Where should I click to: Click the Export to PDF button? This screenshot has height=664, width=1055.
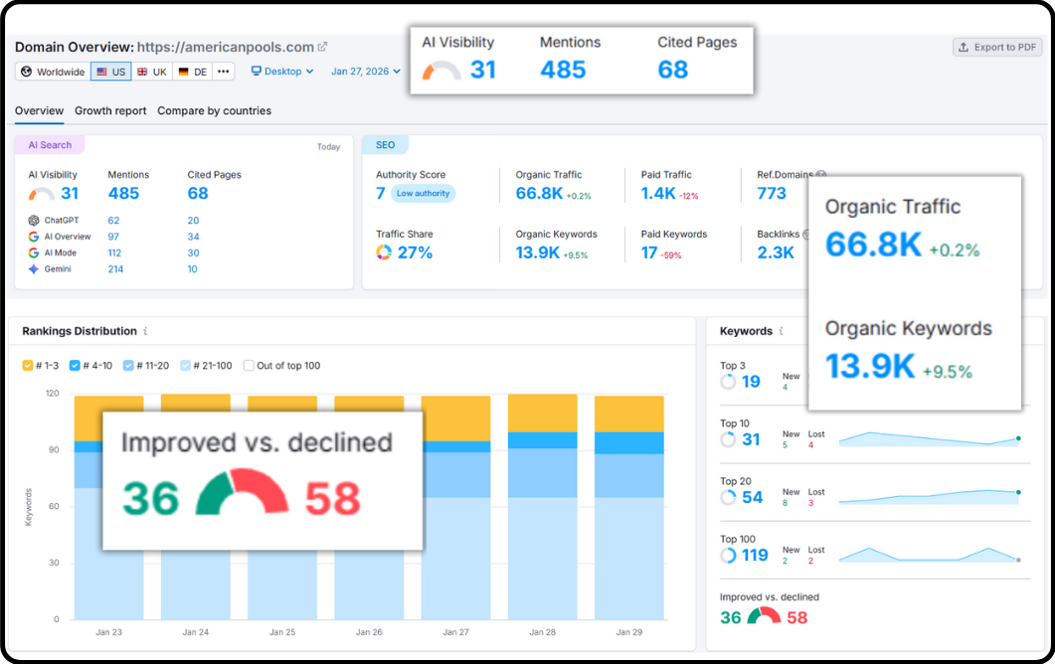point(997,47)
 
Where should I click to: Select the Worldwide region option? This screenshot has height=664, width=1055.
point(53,72)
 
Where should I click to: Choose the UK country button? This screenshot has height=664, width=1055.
point(151,72)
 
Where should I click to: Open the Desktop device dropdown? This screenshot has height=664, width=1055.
point(282,72)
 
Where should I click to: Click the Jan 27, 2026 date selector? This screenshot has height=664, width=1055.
point(365,72)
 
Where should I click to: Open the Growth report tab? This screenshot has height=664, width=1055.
point(110,111)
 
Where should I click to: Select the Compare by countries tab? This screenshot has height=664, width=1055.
point(214,111)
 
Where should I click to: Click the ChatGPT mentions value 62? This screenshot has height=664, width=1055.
point(113,221)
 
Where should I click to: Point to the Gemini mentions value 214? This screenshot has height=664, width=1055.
point(115,269)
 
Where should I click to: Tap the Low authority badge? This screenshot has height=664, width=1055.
point(423,194)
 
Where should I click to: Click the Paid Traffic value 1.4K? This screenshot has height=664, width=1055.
point(658,194)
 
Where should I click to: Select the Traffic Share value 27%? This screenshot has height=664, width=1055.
point(415,252)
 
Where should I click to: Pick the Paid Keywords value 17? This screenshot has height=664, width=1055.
point(649,252)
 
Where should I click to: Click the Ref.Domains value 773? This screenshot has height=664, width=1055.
point(772,194)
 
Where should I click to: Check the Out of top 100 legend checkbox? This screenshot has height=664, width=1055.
point(250,366)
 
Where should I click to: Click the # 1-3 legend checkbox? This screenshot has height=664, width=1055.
point(28,366)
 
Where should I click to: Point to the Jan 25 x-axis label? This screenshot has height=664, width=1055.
point(282,632)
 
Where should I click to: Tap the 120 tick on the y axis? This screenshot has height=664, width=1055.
point(52,394)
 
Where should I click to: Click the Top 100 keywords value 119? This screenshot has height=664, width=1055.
point(755,555)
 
